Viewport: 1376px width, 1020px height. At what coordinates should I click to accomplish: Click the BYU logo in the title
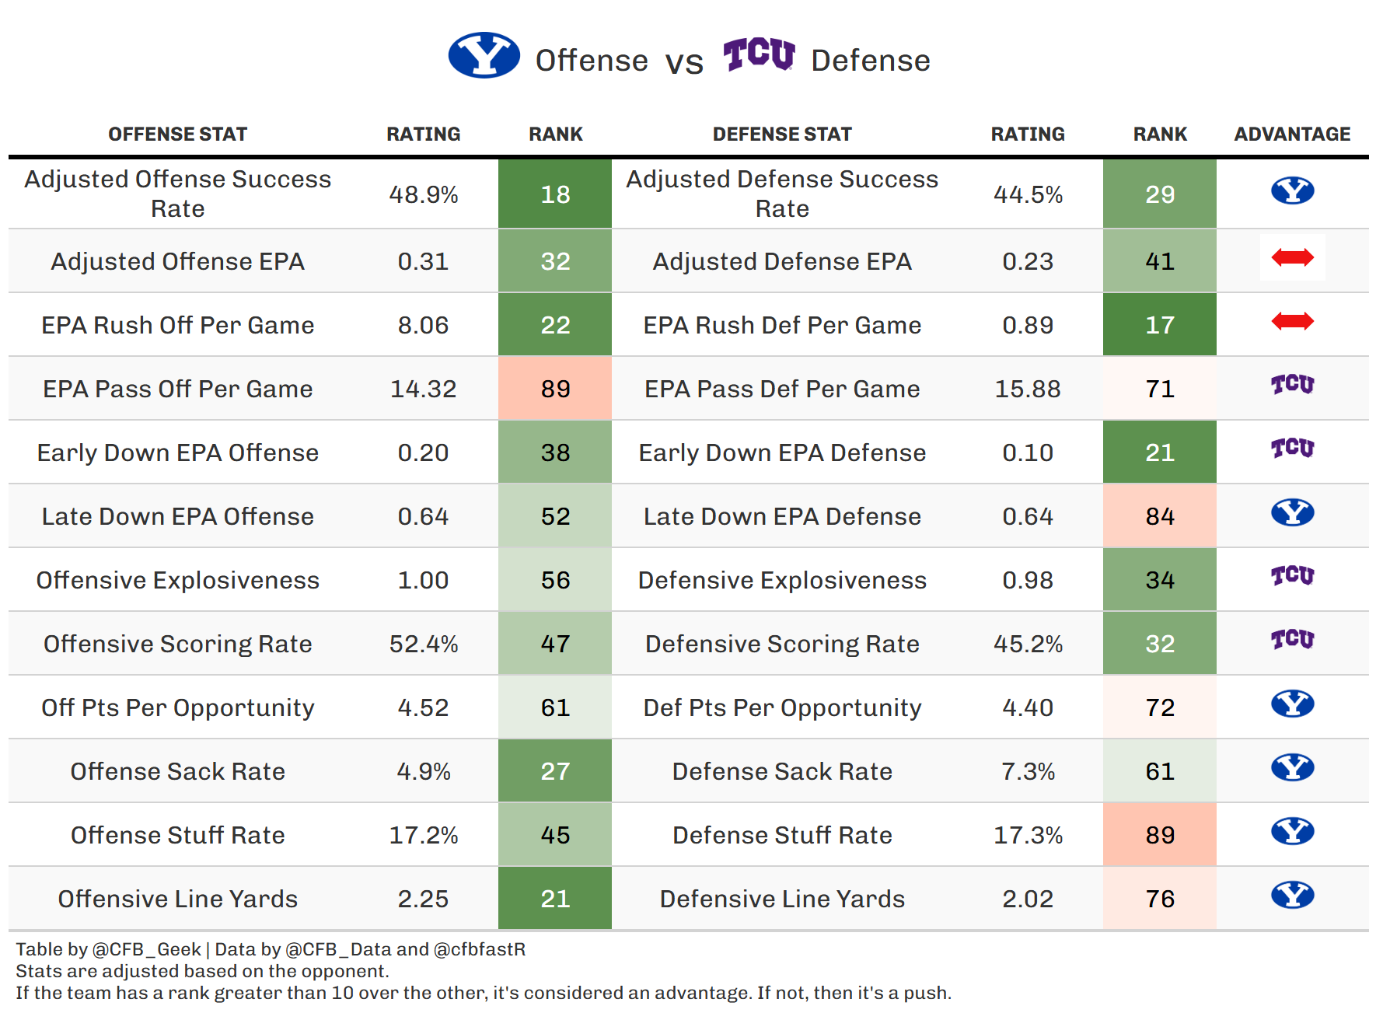484,55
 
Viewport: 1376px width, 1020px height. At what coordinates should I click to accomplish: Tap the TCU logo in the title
759,54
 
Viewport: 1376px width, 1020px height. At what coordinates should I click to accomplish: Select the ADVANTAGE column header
1291,134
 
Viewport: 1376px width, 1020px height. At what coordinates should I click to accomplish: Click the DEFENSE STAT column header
781,134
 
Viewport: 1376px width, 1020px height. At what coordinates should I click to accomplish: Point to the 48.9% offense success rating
423,194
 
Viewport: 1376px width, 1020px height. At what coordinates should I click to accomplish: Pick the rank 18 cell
555,194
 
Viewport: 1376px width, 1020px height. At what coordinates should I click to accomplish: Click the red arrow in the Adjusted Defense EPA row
1292,257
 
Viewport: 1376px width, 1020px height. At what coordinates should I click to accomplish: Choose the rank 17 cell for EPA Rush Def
1159,325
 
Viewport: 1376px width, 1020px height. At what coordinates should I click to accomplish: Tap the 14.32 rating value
423,389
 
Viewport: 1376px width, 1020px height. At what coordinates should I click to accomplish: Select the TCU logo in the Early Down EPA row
1292,449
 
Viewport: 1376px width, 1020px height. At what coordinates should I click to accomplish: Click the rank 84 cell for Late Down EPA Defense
1159,516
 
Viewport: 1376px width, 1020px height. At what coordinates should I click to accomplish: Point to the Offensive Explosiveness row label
177,580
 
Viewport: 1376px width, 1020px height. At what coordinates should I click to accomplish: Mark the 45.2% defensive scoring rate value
1027,644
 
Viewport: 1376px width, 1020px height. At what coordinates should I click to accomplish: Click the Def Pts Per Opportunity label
781,707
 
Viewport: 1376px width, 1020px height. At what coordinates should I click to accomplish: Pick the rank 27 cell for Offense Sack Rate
555,771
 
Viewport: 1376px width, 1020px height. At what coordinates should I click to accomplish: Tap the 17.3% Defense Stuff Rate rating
1027,835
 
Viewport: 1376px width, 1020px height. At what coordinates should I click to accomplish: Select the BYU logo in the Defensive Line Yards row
1292,895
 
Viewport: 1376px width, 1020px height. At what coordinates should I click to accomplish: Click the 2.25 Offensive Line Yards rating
423,899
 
